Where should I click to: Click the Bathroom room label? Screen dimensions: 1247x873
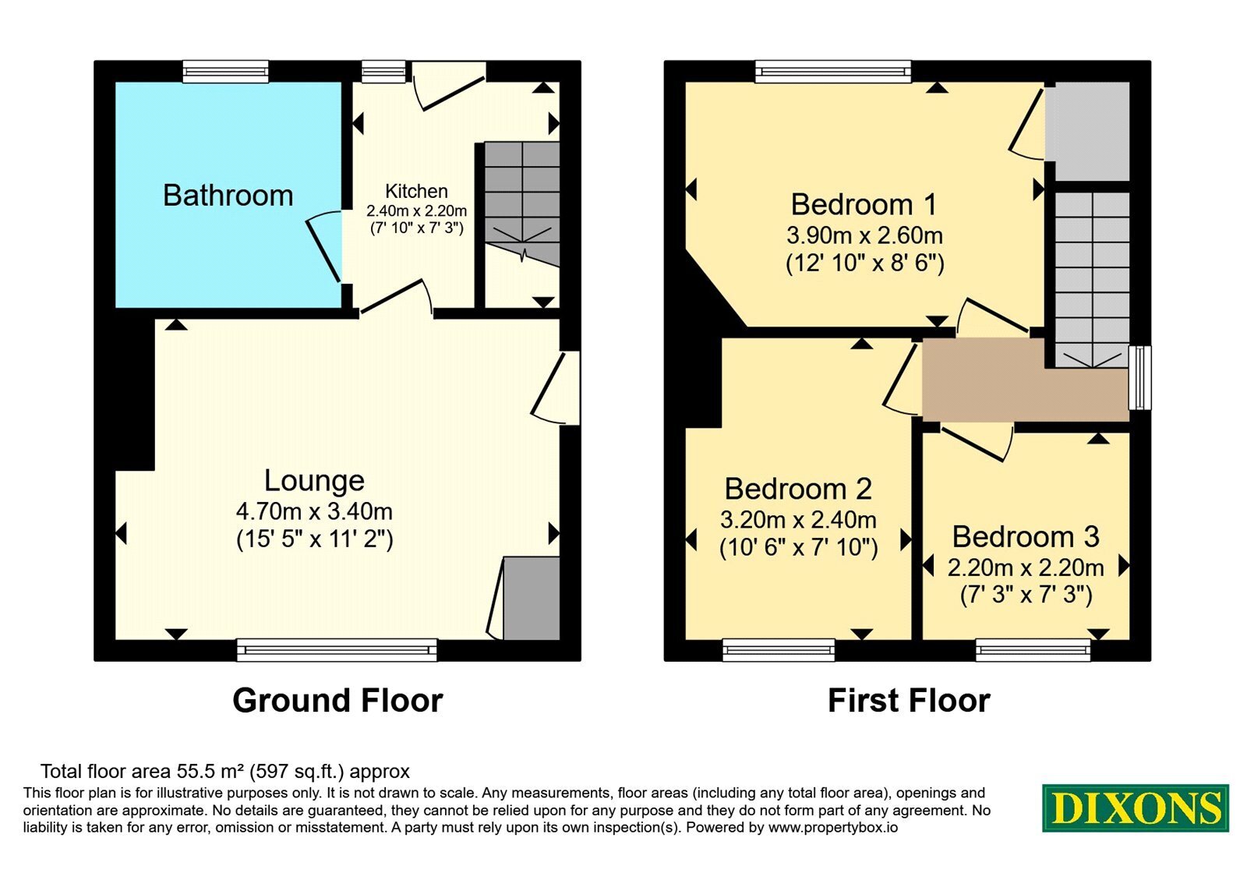(228, 196)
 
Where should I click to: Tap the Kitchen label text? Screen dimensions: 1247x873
(416, 191)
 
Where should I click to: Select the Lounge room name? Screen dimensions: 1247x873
(315, 480)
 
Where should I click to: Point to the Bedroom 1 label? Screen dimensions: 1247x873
(864, 204)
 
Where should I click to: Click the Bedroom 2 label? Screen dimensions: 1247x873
(798, 489)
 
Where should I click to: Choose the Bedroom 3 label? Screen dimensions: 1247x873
(1026, 537)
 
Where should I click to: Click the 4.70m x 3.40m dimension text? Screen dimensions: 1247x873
(315, 511)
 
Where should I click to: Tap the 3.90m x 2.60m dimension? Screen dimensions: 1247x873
(864, 235)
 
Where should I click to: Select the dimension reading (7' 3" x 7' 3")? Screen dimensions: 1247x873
(1026, 596)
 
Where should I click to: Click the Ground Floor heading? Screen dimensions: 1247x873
(337, 701)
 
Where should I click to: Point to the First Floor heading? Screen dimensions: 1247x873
(909, 701)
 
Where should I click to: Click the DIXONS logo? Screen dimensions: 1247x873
(1136, 808)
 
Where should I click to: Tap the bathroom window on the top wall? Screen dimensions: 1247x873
(226, 71)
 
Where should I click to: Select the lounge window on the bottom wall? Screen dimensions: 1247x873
(337, 650)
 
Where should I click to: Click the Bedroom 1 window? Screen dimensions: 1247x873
(833, 71)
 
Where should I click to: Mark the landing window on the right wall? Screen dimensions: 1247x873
(1139, 377)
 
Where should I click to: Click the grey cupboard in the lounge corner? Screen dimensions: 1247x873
(531, 598)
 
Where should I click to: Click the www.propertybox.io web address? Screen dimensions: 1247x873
(833, 827)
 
